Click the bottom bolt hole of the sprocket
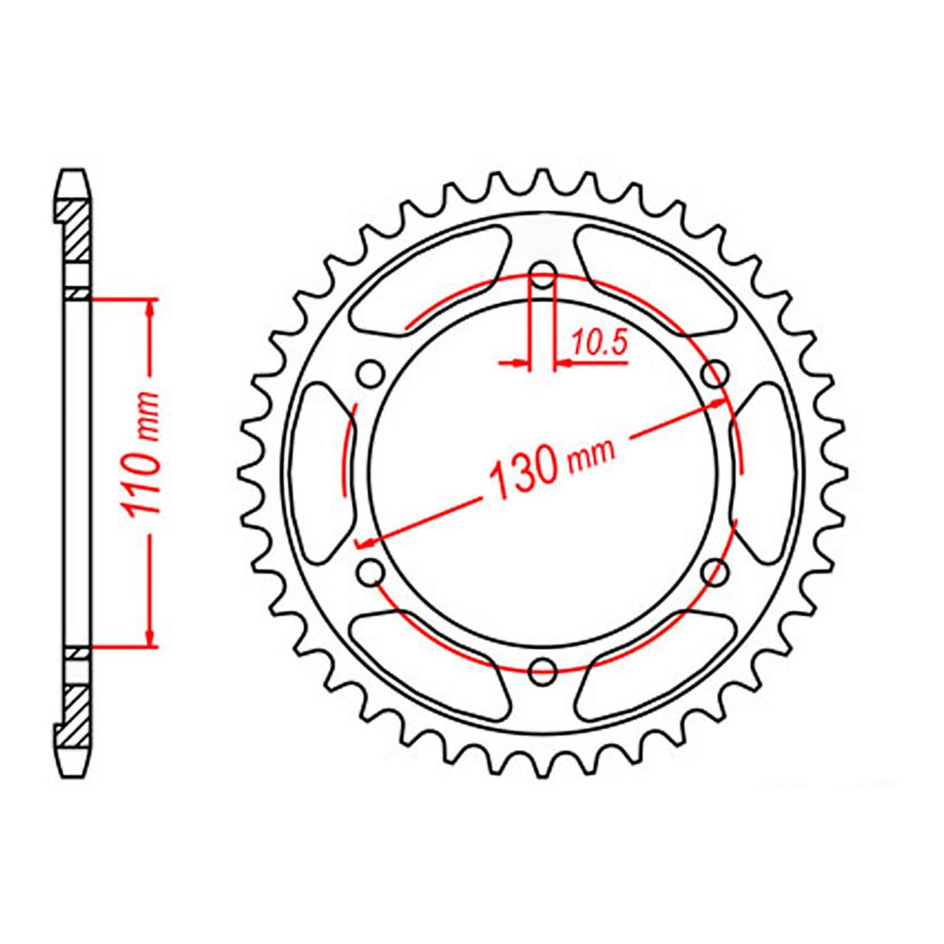542,670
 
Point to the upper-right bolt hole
714,375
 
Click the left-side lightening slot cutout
320,472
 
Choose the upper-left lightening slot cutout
428,278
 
